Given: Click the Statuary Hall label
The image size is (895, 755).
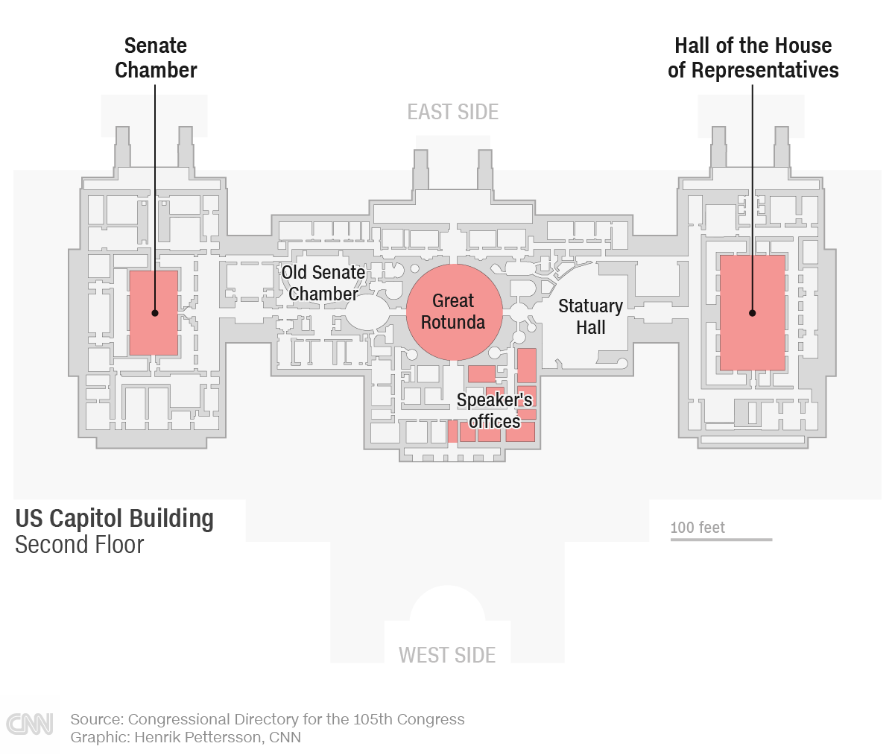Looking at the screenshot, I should coord(590,317).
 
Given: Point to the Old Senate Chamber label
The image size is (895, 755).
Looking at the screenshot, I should coord(323,283).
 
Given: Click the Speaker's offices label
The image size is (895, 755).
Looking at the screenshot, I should coord(494,411).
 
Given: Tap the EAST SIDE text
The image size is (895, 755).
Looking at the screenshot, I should coord(452,112).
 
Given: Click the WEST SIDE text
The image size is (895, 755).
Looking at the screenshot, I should coord(447,655).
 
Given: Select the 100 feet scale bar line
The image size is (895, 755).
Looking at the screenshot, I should coord(721,539).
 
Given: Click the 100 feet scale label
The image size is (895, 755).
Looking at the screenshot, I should coord(698,527).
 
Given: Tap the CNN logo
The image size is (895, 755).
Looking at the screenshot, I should coord(30,724).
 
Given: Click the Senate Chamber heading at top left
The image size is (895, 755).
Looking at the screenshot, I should coord(156,58).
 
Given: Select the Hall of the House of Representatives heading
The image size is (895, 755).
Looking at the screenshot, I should coord(753,58).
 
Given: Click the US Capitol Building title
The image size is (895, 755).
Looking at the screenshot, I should coord(115,518).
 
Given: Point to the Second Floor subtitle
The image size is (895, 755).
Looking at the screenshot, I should coord(79,545).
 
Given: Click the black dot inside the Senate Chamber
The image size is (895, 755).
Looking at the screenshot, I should coord(155,313).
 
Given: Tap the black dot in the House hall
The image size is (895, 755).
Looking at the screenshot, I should coord(752,313).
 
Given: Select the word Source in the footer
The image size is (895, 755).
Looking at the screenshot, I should coord(95,719).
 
